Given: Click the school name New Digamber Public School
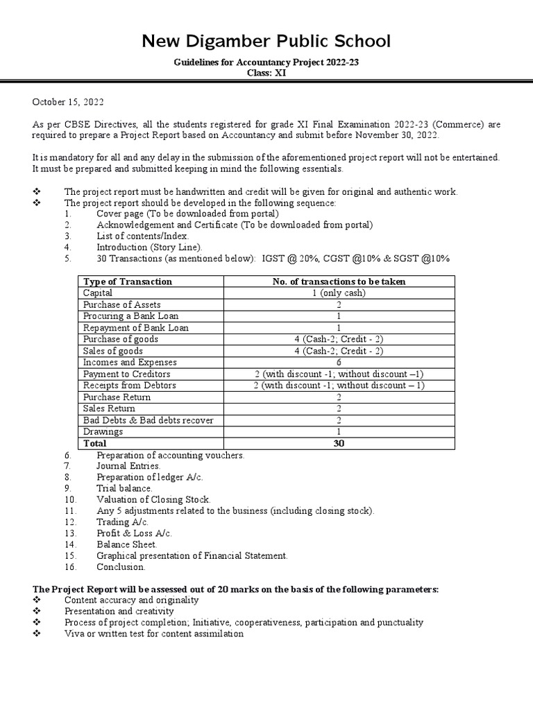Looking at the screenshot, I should (x=266, y=42).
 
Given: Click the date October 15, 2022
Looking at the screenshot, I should (x=68, y=102).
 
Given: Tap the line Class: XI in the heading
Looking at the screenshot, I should (x=266, y=73).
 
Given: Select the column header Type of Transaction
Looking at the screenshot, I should (x=128, y=282).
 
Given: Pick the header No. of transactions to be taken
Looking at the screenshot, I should (x=339, y=282).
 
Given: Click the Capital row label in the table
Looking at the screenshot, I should (x=98, y=293).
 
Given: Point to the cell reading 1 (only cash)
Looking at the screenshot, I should (x=339, y=293).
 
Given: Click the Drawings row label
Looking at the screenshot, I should (x=103, y=431).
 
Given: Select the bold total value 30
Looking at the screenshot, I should (x=339, y=443).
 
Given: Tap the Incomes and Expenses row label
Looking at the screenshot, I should (x=130, y=362).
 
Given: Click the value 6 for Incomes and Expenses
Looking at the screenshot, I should (x=339, y=362).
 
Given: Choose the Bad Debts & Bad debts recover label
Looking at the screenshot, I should (x=148, y=420).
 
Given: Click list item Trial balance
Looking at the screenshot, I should (x=124, y=488).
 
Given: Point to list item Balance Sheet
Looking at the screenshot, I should (x=127, y=544).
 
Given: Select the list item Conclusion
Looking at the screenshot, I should (x=121, y=566).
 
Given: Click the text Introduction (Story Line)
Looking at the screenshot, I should (x=150, y=246).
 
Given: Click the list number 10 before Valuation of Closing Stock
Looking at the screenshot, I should (x=69, y=499).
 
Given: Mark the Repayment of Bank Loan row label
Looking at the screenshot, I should (x=135, y=327).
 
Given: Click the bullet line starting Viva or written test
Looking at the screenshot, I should (x=153, y=634).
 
